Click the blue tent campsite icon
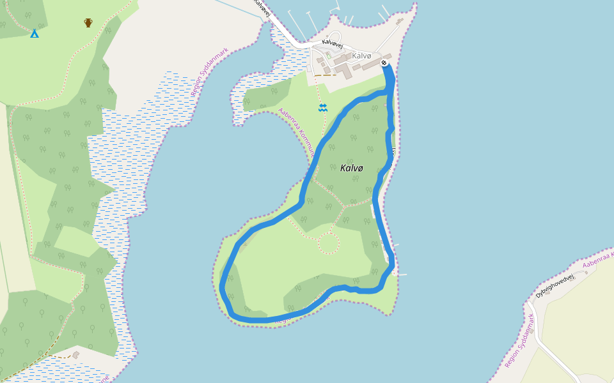click(35, 33)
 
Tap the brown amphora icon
click(88, 23)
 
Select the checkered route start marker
click(384, 63)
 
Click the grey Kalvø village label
click(361, 56)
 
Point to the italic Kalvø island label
click(352, 168)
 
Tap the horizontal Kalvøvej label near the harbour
click(333, 43)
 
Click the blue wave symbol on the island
click(323, 108)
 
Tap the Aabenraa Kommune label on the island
click(295, 133)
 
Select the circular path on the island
click(328, 243)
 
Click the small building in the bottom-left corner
click(76, 354)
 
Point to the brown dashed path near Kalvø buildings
click(325, 75)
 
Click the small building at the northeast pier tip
click(400, 21)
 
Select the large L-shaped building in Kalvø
click(343, 69)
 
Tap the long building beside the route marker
click(373, 64)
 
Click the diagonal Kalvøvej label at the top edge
click(262, 8)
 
